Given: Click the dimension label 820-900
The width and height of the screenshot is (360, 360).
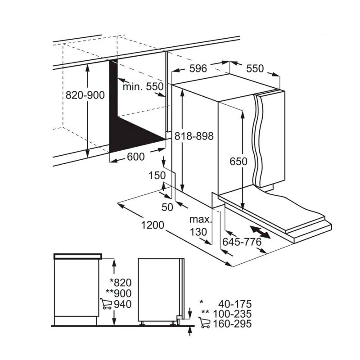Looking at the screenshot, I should coord(85,95).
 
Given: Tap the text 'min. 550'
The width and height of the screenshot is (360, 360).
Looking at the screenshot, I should coord(143,87).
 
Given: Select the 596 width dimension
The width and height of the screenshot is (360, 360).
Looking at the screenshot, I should coord(198,68).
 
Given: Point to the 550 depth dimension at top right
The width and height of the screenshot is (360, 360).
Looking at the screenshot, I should coord(254,68).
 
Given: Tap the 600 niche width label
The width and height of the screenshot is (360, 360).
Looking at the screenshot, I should coord(135,157).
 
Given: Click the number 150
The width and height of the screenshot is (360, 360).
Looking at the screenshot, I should coord(157,175).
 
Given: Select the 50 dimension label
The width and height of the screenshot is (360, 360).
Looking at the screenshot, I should coord(167,207).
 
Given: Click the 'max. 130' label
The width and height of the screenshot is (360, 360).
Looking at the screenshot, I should coord(200,226).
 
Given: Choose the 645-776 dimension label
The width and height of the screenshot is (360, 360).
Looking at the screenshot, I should coord(242,242).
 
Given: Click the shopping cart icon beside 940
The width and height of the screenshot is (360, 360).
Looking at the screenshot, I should coord(106,304).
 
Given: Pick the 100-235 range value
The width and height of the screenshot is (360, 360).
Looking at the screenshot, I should coord(234,314).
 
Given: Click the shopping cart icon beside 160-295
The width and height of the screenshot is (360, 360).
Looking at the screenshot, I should coord(205,324).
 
